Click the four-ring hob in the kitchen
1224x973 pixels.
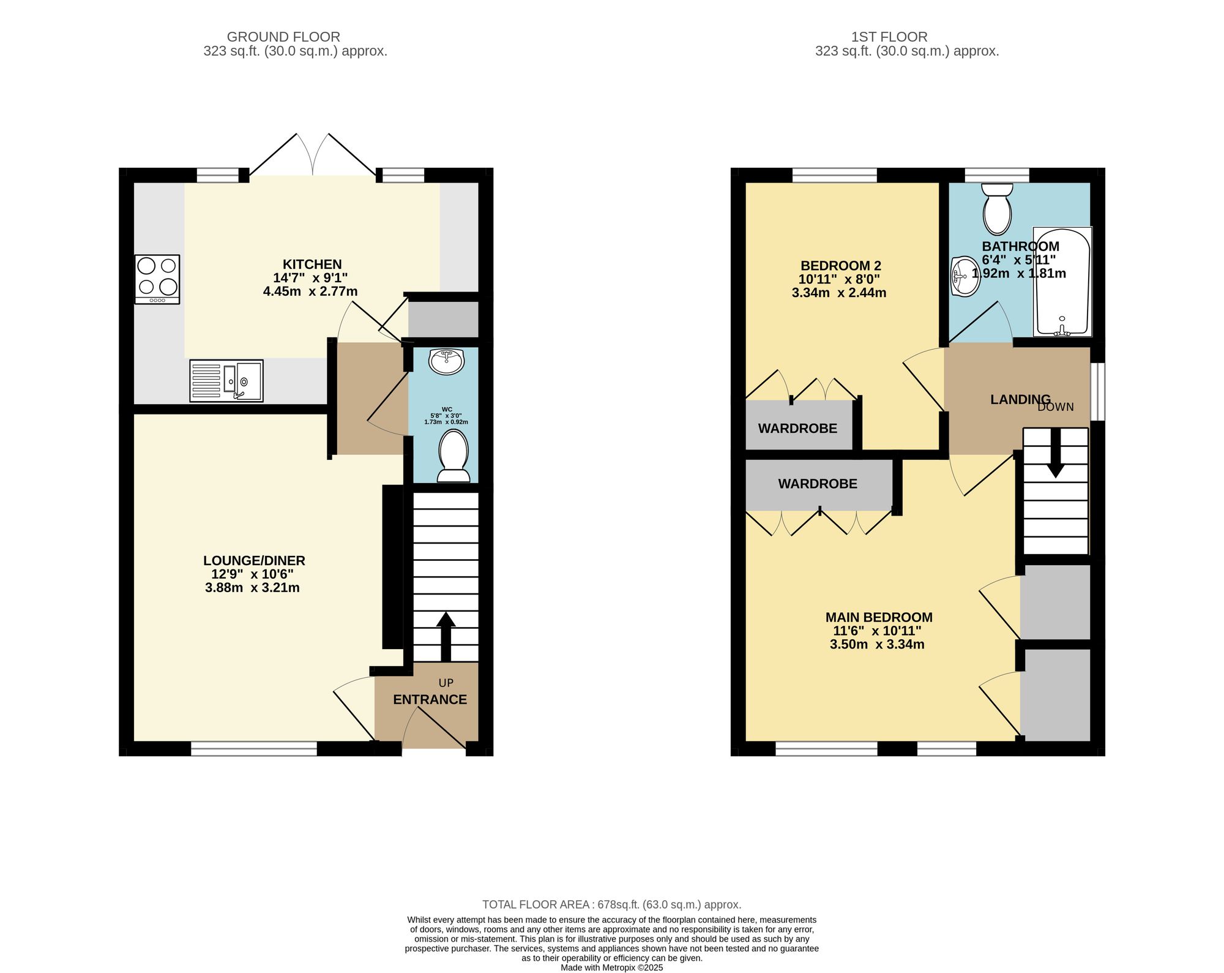pyautogui.click(x=157, y=279)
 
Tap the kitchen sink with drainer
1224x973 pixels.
pyautogui.click(x=226, y=380)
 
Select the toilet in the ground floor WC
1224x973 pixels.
pyautogui.click(x=454, y=456)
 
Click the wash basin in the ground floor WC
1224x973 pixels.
pyautogui.click(x=447, y=361)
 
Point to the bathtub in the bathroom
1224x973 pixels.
pyautogui.click(x=1062, y=282)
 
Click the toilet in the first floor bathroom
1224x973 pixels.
pyautogui.click(x=997, y=209)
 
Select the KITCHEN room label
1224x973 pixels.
pyautogui.click(x=312, y=265)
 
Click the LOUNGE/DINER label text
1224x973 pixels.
pyautogui.click(x=254, y=560)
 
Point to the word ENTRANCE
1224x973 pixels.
pyautogui.click(x=430, y=699)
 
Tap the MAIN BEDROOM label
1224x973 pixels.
pyautogui.click(x=879, y=617)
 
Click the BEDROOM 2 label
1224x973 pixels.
pyautogui.click(x=841, y=266)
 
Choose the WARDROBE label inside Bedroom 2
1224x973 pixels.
pyautogui.click(x=797, y=429)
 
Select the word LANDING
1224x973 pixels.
pyautogui.click(x=1020, y=400)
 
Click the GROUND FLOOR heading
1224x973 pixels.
pyautogui.click(x=283, y=37)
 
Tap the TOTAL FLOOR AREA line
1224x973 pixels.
pyautogui.click(x=611, y=904)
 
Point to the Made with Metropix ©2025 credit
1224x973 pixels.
pyautogui.click(x=611, y=967)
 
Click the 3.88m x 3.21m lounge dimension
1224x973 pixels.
pyautogui.click(x=252, y=588)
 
